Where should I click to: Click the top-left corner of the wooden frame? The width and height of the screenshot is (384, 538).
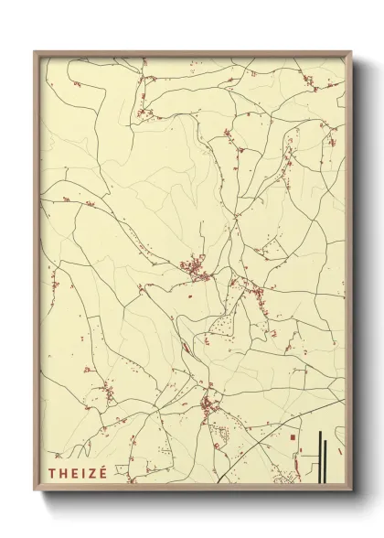pos(36,52)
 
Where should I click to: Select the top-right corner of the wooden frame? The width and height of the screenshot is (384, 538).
pos(351,52)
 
